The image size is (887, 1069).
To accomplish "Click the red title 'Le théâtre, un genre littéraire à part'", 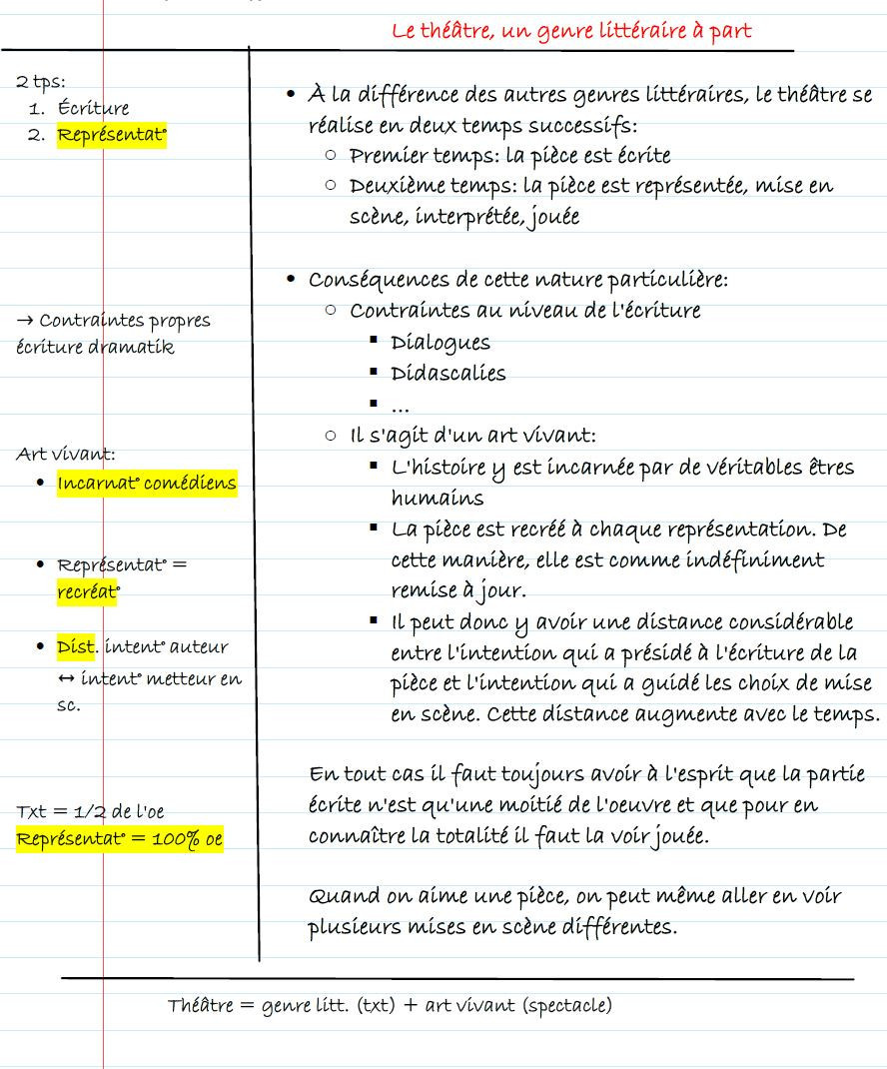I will [571, 31].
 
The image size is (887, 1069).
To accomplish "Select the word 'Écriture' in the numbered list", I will [93, 108].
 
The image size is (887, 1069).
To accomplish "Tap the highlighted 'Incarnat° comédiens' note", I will [147, 484].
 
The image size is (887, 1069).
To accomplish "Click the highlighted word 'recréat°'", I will [88, 591].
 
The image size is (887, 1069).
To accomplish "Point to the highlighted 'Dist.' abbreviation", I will [77, 646].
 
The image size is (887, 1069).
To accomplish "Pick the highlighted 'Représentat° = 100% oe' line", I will [119, 839].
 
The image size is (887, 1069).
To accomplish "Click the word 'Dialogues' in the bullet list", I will [441, 343].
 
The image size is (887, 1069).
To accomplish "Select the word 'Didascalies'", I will [448, 374].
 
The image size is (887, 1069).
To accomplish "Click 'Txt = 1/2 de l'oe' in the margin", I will [90, 811].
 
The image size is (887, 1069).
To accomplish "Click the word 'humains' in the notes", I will [438, 498].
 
